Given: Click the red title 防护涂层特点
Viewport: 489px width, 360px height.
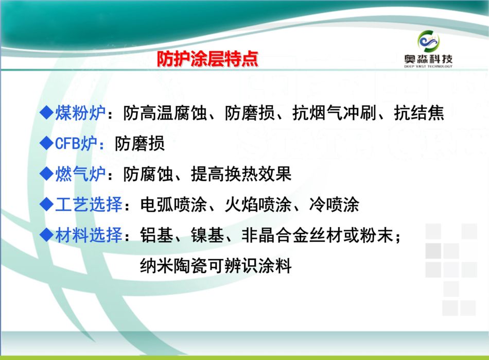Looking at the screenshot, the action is [x=207, y=59].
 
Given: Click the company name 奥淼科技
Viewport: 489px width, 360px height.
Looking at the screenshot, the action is [x=428, y=59].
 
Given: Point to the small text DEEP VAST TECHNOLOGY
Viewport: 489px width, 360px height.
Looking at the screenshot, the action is [x=428, y=66].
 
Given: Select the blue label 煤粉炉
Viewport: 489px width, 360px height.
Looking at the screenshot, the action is [x=80, y=113].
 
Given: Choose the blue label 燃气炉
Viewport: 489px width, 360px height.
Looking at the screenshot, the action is [x=80, y=174].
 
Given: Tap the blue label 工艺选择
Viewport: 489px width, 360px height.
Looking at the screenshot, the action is [x=89, y=204].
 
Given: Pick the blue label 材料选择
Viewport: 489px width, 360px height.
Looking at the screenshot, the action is [x=89, y=235].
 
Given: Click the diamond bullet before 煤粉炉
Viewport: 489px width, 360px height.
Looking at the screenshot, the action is [x=47, y=113].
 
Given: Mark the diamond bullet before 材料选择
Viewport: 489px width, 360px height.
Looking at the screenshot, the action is [x=47, y=235].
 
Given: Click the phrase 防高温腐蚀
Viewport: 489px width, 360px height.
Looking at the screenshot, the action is [x=165, y=113].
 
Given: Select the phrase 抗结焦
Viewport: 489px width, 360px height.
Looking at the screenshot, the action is [x=419, y=113].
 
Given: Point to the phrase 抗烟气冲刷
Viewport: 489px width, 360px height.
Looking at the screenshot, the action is [x=334, y=113].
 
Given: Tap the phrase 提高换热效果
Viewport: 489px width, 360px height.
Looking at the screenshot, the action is [x=241, y=174].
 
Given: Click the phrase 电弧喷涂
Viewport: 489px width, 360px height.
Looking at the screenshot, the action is [x=173, y=204].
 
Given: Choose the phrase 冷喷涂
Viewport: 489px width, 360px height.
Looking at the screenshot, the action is [x=334, y=204].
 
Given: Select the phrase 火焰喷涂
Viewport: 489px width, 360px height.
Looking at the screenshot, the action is [x=258, y=204].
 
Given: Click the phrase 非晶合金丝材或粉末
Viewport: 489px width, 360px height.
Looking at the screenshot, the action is [x=317, y=235].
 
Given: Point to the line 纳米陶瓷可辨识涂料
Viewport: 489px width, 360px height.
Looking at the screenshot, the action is [x=216, y=266].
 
